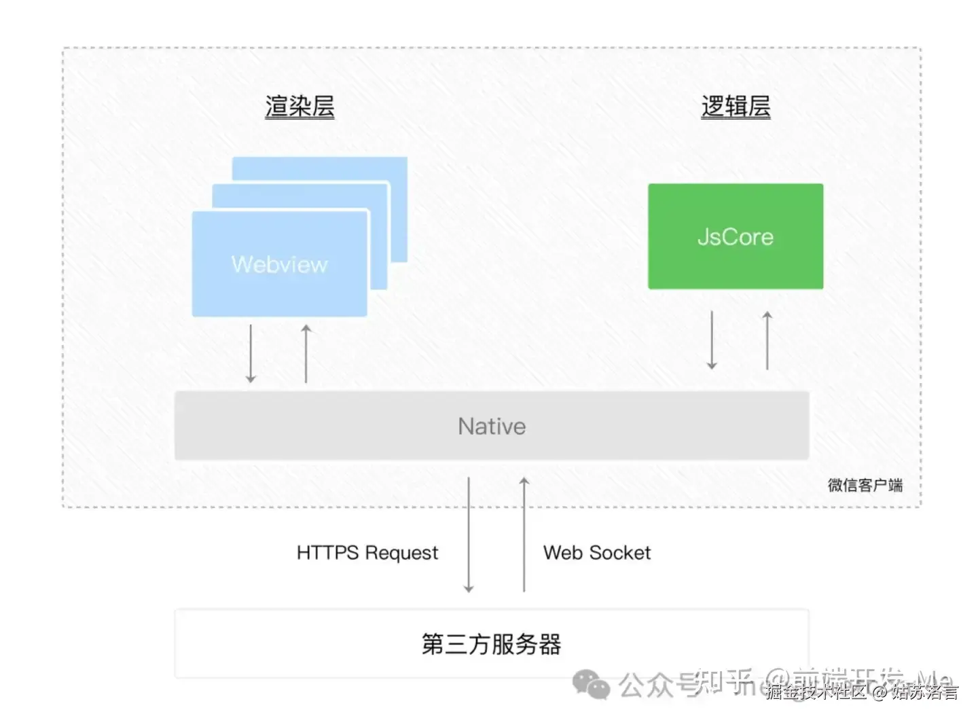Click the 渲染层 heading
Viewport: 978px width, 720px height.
click(x=300, y=107)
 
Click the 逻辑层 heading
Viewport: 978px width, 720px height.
click(x=736, y=107)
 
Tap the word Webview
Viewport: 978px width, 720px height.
click(x=279, y=264)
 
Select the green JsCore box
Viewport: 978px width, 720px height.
click(x=736, y=236)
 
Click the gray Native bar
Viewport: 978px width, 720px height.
click(x=492, y=426)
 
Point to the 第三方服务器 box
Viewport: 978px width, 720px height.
click(x=492, y=643)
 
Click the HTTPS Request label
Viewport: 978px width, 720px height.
click(x=367, y=553)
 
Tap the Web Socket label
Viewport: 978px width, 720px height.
click(x=596, y=553)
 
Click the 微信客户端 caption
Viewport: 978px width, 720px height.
click(x=865, y=485)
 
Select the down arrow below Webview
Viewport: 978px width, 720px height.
click(x=251, y=353)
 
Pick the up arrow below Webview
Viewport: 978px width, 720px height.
click(x=306, y=353)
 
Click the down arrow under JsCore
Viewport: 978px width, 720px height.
click(x=712, y=340)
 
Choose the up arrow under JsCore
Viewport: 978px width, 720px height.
click(x=767, y=340)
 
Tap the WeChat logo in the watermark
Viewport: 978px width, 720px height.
click(x=591, y=684)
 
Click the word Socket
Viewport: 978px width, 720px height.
click(x=620, y=553)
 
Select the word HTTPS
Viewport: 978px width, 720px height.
click(x=327, y=552)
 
